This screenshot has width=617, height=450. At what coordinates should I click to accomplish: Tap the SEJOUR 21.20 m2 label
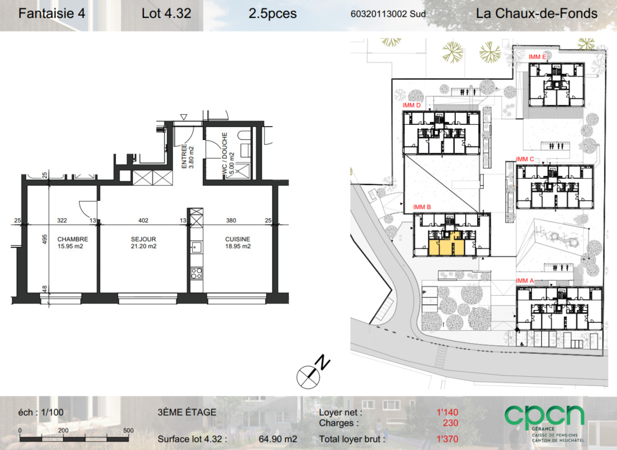144,243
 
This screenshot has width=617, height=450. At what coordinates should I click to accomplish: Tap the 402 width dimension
143,220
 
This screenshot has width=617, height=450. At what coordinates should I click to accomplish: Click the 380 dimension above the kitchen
231,220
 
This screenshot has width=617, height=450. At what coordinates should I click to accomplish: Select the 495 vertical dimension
45,239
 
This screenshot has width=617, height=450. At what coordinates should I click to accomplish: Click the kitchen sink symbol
196,247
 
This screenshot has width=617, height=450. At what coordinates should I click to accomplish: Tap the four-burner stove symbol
196,273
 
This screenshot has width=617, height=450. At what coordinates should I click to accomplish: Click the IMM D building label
411,105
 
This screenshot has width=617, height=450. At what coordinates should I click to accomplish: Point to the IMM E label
537,57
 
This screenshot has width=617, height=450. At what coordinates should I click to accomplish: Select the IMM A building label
525,281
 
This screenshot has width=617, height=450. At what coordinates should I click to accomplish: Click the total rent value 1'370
447,439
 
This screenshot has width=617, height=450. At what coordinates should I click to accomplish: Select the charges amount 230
451,423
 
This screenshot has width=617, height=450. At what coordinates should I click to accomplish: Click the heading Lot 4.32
166,13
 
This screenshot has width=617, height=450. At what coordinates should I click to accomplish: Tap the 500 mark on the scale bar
128,430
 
